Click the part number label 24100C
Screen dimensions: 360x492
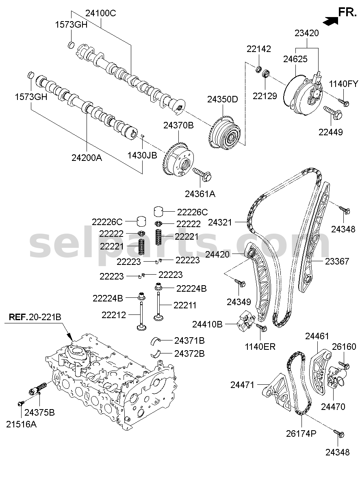pyautogui.click(x=101, y=13)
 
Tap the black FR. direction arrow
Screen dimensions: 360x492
pyautogui.click(x=330, y=21)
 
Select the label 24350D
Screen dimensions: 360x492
pyautogui.click(x=223, y=100)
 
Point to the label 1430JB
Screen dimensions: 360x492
pyautogui.click(x=142, y=156)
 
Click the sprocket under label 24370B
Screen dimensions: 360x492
pyautogui.click(x=179, y=158)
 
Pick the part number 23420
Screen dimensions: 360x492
pyautogui.click(x=307, y=33)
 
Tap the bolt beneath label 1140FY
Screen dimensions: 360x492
pyautogui.click(x=343, y=102)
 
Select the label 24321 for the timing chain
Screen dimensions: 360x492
pyautogui.click(x=220, y=223)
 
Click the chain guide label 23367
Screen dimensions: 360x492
pyautogui.click(x=337, y=261)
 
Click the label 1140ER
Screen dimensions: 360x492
pyautogui.click(x=260, y=347)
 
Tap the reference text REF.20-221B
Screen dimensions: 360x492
pyautogui.click(x=35, y=317)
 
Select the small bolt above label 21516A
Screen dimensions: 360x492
pyautogui.click(x=21, y=403)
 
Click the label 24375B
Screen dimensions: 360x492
pyautogui.click(x=39, y=412)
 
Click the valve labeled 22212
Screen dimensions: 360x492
pyautogui.click(x=141, y=315)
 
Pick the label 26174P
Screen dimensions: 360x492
pyautogui.click(x=301, y=433)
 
